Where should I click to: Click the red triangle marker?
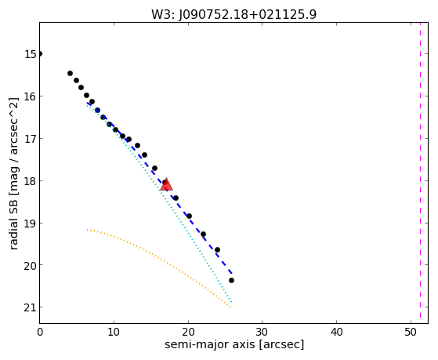pyautogui.click(x=166, y=184)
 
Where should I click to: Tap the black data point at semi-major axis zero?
pyautogui.click(x=40, y=53)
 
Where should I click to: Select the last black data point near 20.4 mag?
pyautogui.click(x=231, y=280)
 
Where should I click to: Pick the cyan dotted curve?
pyautogui.click(x=160, y=191)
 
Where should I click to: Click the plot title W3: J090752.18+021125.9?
pyautogui.click(x=233, y=14)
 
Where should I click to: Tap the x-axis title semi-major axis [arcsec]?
pyautogui.click(x=234, y=344)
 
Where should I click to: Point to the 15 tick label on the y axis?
pyautogui.click(x=31, y=54)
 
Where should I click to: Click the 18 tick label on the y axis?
pyautogui.click(x=31, y=181)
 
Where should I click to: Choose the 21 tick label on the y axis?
pyautogui.click(x=31, y=307)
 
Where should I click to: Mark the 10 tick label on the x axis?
pyautogui.click(x=114, y=332)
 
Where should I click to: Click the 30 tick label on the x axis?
pyautogui.click(x=262, y=332)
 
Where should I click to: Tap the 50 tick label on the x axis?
pyautogui.click(x=411, y=332)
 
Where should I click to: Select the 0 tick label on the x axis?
pyautogui.click(x=40, y=332)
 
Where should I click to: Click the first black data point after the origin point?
pyautogui.click(x=70, y=73)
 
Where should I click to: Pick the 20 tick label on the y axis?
pyautogui.click(x=31, y=265)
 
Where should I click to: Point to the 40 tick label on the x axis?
pyautogui.click(x=336, y=332)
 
